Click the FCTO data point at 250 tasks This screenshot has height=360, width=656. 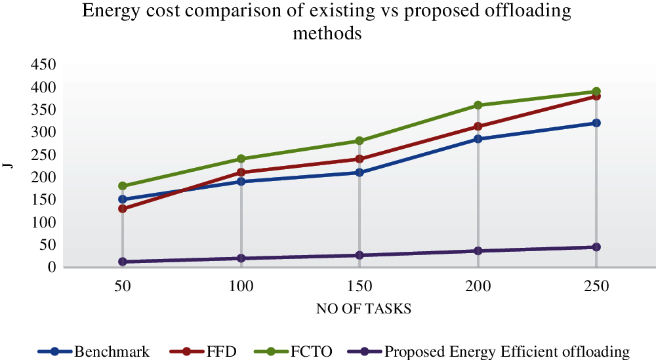point(596,92)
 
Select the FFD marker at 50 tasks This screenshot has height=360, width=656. point(123,209)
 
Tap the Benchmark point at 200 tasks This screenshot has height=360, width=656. point(478,139)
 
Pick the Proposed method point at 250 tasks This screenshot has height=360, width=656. point(596,247)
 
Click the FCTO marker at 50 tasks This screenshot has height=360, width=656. point(123,186)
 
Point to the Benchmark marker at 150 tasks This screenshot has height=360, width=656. point(359,172)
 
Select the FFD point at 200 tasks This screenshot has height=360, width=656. point(478,127)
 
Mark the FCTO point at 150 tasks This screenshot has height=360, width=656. point(359,141)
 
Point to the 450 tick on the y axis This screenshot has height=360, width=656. point(42,65)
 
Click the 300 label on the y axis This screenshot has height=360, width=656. point(42,132)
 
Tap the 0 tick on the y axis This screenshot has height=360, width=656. point(50,268)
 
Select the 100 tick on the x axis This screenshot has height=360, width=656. point(241,287)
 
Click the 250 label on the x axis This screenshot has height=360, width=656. point(596,287)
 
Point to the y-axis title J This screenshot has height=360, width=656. point(10,165)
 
